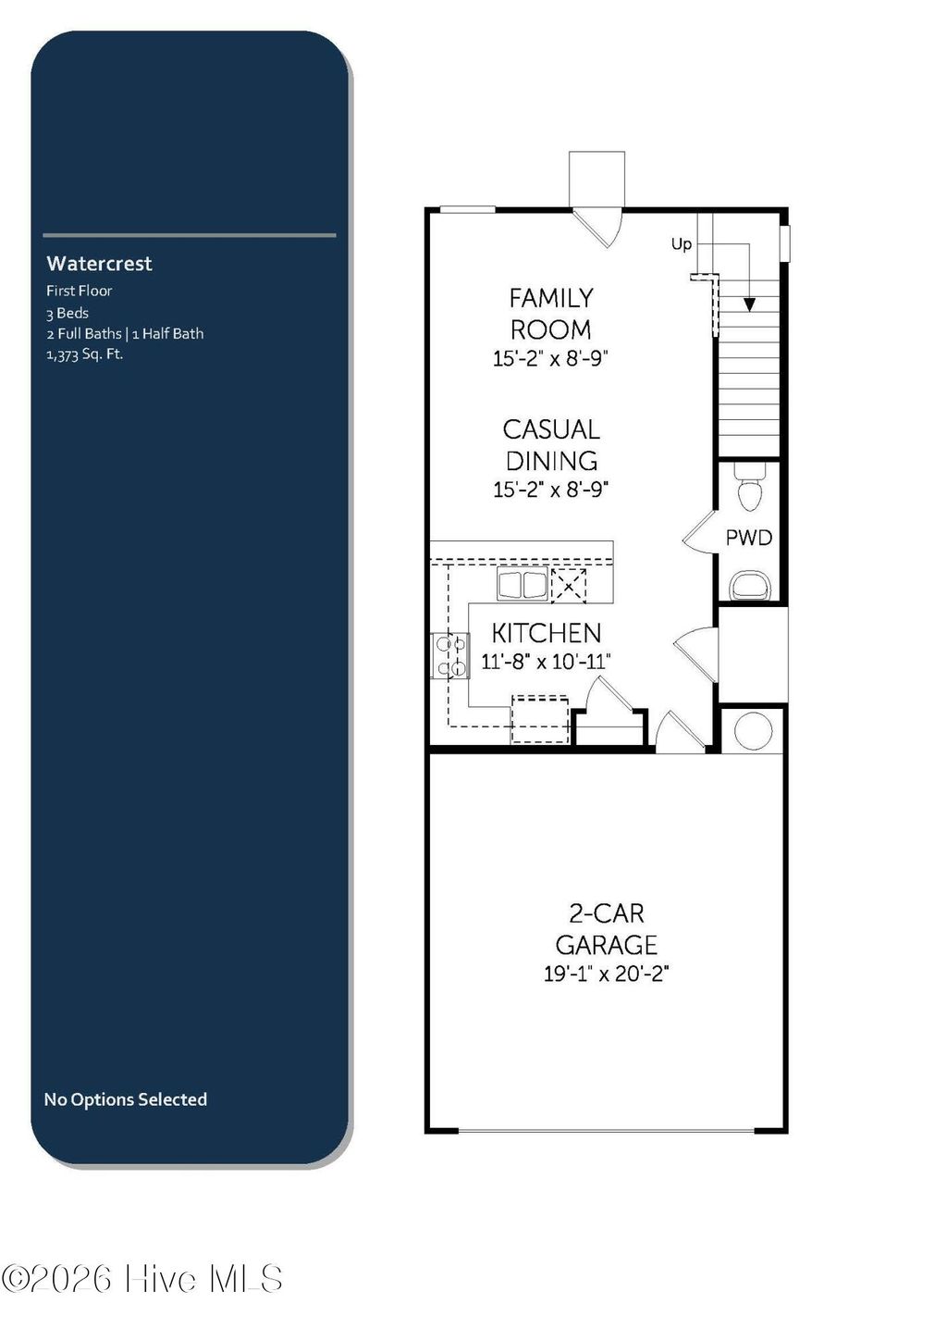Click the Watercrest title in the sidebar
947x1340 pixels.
[x=99, y=264]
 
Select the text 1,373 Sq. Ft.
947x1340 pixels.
[x=84, y=354]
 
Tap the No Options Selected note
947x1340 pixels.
[x=125, y=1099]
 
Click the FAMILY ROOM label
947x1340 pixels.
[x=551, y=314]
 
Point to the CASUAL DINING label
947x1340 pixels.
[x=551, y=445]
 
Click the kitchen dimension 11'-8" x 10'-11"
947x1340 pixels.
[x=546, y=662]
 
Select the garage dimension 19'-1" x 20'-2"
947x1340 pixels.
[x=606, y=974]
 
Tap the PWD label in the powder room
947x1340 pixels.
[x=748, y=538]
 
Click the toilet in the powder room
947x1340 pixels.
[x=749, y=488]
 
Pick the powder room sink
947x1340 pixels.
[x=749, y=586]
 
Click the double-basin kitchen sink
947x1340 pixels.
[x=523, y=585]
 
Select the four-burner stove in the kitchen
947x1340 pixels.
[x=450, y=655]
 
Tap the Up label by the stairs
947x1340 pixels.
[x=681, y=244]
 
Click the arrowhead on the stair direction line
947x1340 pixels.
[x=749, y=304]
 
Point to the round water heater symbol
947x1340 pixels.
[x=753, y=732]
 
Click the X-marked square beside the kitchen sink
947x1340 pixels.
[x=569, y=585]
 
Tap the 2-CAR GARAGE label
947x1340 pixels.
[x=606, y=929]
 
